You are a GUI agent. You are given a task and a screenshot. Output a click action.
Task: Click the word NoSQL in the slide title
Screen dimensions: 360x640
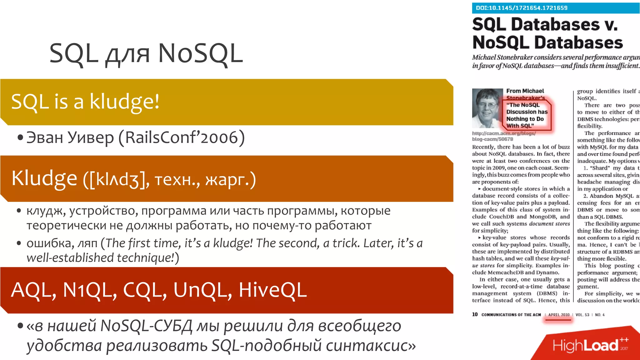200,53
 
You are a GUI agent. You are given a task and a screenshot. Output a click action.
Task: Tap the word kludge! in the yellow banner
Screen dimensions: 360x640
124,102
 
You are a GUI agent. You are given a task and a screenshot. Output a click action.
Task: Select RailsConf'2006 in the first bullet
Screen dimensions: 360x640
182,137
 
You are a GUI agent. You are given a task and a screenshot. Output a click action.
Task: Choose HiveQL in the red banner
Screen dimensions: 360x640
272,290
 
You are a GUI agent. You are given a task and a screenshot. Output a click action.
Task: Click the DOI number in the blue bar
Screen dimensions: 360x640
522,8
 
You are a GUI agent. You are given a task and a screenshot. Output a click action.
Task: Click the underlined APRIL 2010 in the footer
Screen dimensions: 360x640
559,315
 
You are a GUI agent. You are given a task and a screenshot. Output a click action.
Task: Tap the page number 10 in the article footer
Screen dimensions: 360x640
475,314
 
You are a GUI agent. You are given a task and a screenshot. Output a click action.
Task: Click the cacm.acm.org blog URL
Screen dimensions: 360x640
504,136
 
